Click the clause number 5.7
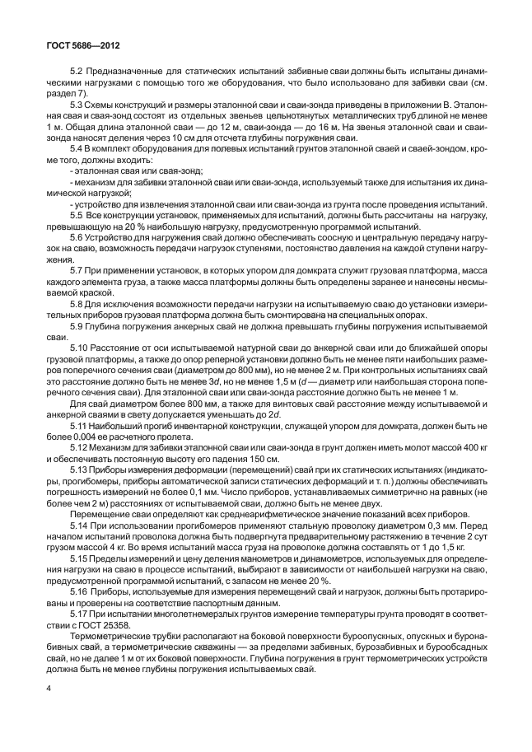pyautogui.click(x=78, y=270)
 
